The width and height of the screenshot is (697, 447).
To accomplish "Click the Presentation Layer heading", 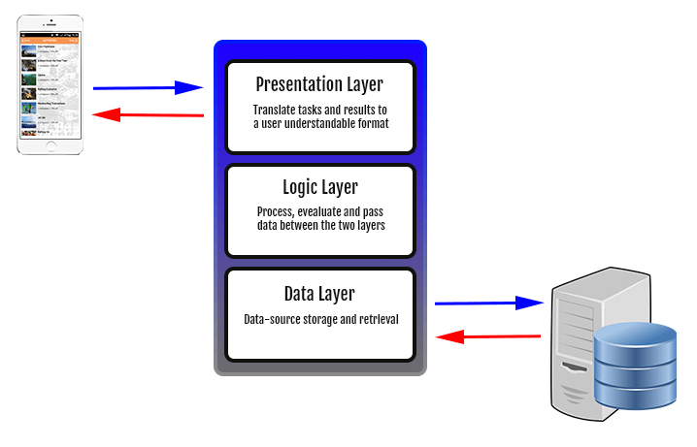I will [x=319, y=84].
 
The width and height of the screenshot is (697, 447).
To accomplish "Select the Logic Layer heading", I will [x=319, y=186].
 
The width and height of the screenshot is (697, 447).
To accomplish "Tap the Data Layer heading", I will [x=319, y=293].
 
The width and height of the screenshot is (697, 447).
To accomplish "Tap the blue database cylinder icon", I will [x=634, y=366].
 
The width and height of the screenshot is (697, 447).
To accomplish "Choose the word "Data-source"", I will [x=273, y=319].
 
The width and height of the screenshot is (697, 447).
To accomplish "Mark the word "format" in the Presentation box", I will [x=371, y=123].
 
